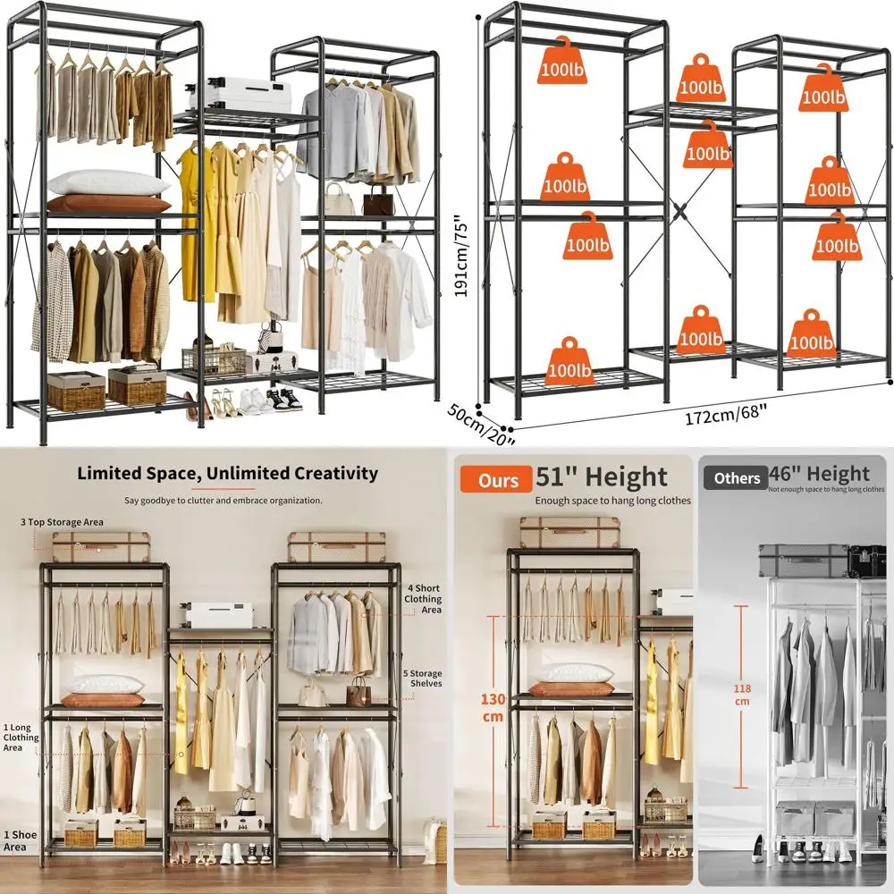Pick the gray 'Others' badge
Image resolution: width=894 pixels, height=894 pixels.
(x=737, y=478)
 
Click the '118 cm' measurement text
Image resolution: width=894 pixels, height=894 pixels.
(x=741, y=695)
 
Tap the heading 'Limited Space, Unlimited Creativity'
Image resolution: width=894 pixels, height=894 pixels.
(x=227, y=474)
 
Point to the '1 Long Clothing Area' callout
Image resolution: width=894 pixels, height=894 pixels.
(x=21, y=738)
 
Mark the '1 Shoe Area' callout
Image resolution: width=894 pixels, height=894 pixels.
(x=21, y=840)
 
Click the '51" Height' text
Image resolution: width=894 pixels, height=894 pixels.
(x=601, y=477)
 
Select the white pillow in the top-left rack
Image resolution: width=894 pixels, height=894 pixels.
(x=107, y=183)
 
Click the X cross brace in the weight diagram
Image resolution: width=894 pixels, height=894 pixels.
(x=681, y=214)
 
